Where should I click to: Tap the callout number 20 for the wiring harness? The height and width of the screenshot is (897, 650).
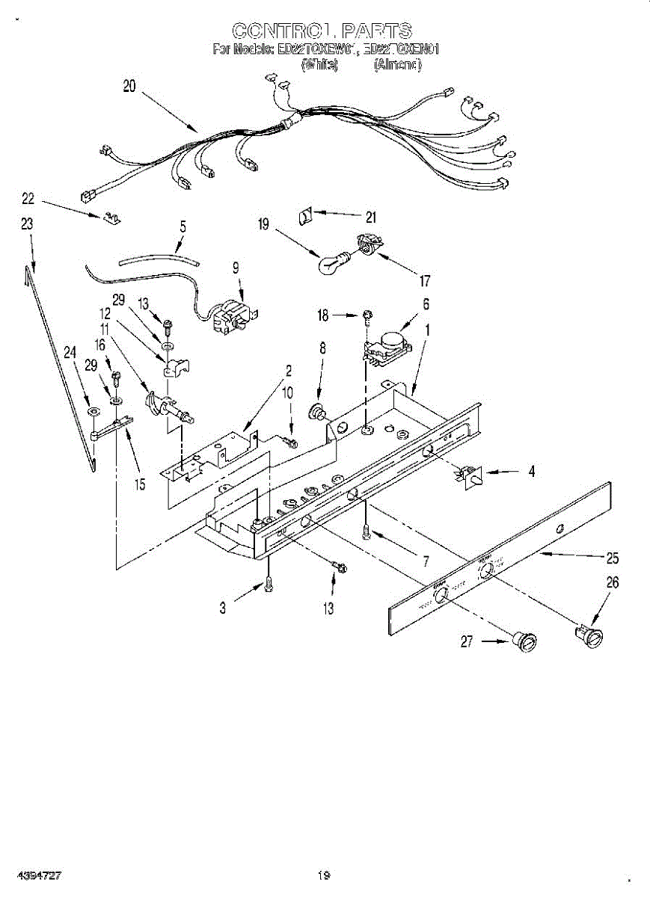click(129, 86)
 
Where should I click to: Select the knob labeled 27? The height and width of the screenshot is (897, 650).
click(527, 641)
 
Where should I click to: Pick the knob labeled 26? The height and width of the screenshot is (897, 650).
click(591, 635)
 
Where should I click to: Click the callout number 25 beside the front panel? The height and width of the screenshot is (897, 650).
click(613, 558)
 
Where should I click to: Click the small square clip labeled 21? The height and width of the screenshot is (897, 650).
click(304, 216)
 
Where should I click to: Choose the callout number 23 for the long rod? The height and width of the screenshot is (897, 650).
click(27, 223)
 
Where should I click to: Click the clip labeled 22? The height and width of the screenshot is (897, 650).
click(111, 218)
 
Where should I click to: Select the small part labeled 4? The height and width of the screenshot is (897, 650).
click(468, 476)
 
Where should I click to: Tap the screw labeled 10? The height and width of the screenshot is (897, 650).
click(292, 443)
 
